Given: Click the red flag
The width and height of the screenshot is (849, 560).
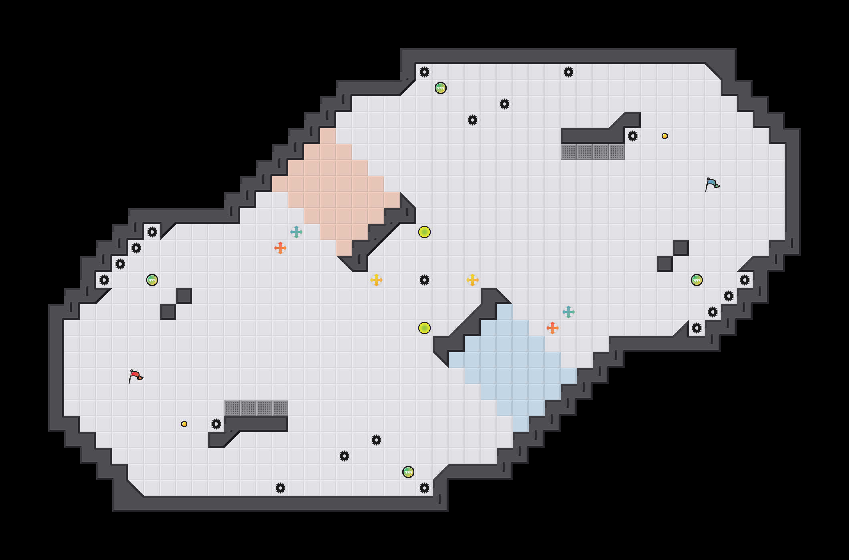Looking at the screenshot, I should pos(135,376).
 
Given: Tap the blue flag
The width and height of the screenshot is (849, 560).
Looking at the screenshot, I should pos(712,184).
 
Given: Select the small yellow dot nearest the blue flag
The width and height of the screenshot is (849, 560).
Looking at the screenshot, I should pos(665,136).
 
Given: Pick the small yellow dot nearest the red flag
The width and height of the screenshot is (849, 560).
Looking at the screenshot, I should pos(184,424).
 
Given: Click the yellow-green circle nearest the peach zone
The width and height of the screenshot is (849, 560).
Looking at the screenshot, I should pos(424,232).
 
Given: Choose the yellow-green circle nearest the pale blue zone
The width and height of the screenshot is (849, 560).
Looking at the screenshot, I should pos(424,328).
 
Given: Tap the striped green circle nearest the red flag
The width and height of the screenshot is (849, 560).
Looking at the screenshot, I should pos(152,280).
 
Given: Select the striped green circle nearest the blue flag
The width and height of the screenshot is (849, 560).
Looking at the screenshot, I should pos(697,280).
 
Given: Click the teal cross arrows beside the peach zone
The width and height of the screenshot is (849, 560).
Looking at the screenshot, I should pos(296,232).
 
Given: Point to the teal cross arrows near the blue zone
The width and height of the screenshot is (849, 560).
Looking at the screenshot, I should pos(569,312).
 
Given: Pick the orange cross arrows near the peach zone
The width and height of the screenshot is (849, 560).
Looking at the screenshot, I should pos(280,248).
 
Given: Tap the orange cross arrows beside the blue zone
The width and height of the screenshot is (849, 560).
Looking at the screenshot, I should pos(553,328).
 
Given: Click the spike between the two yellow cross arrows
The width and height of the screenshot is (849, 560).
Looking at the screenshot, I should pos(424,280).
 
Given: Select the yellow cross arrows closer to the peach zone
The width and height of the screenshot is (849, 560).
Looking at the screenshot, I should pos(376,280).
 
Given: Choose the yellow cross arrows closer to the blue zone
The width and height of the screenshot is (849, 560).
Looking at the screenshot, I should pos(473,280).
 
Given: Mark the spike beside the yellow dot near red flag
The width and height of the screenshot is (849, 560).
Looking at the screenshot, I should pos(216,424).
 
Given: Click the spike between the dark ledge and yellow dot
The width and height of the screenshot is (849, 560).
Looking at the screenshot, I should pos(633,136).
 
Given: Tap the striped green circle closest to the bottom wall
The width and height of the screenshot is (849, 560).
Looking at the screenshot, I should pos(408,472).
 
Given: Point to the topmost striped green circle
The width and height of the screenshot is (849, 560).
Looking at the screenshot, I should pos(441,88).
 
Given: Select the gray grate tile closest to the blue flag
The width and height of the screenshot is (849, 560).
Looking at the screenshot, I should pos(617,152).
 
